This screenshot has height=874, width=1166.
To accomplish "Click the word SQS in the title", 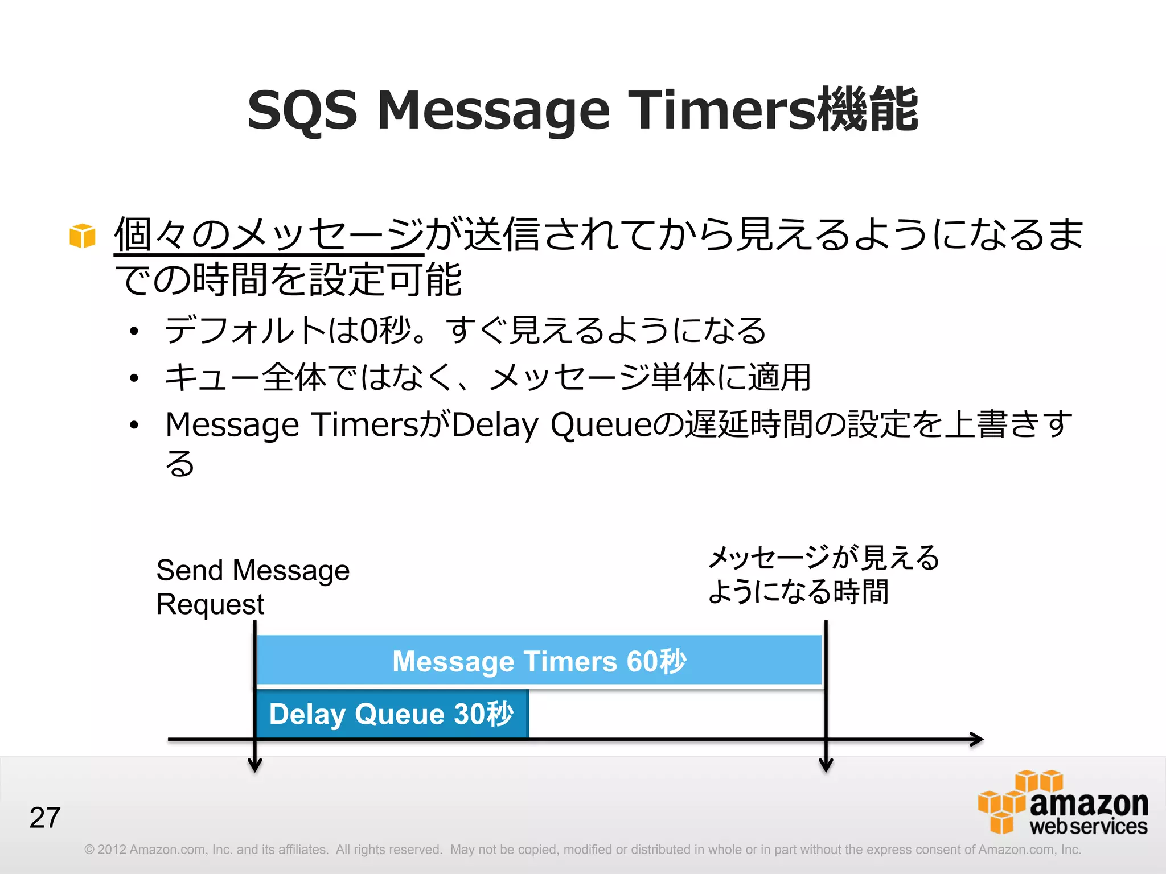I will pos(302,110).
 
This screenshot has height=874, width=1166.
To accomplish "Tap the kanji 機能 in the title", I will pos(868,110).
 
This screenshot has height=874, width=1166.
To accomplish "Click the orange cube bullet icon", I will pos(83,236).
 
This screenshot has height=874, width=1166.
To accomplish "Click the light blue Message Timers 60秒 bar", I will pos(539,661).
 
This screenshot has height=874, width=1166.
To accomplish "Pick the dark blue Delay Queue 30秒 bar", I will pos(392,714).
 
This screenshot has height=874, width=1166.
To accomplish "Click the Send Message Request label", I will pos(252,587).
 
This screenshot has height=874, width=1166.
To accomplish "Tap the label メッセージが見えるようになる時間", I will pos(823,575).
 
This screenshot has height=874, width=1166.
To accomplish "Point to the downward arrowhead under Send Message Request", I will pos(255,766).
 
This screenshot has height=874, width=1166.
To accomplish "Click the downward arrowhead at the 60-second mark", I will pos(826,766).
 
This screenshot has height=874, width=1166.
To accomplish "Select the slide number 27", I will pos(45,818).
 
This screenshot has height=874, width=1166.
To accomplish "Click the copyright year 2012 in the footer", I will pos(112,850).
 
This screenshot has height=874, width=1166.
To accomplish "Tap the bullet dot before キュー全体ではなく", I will pos(134,378).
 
